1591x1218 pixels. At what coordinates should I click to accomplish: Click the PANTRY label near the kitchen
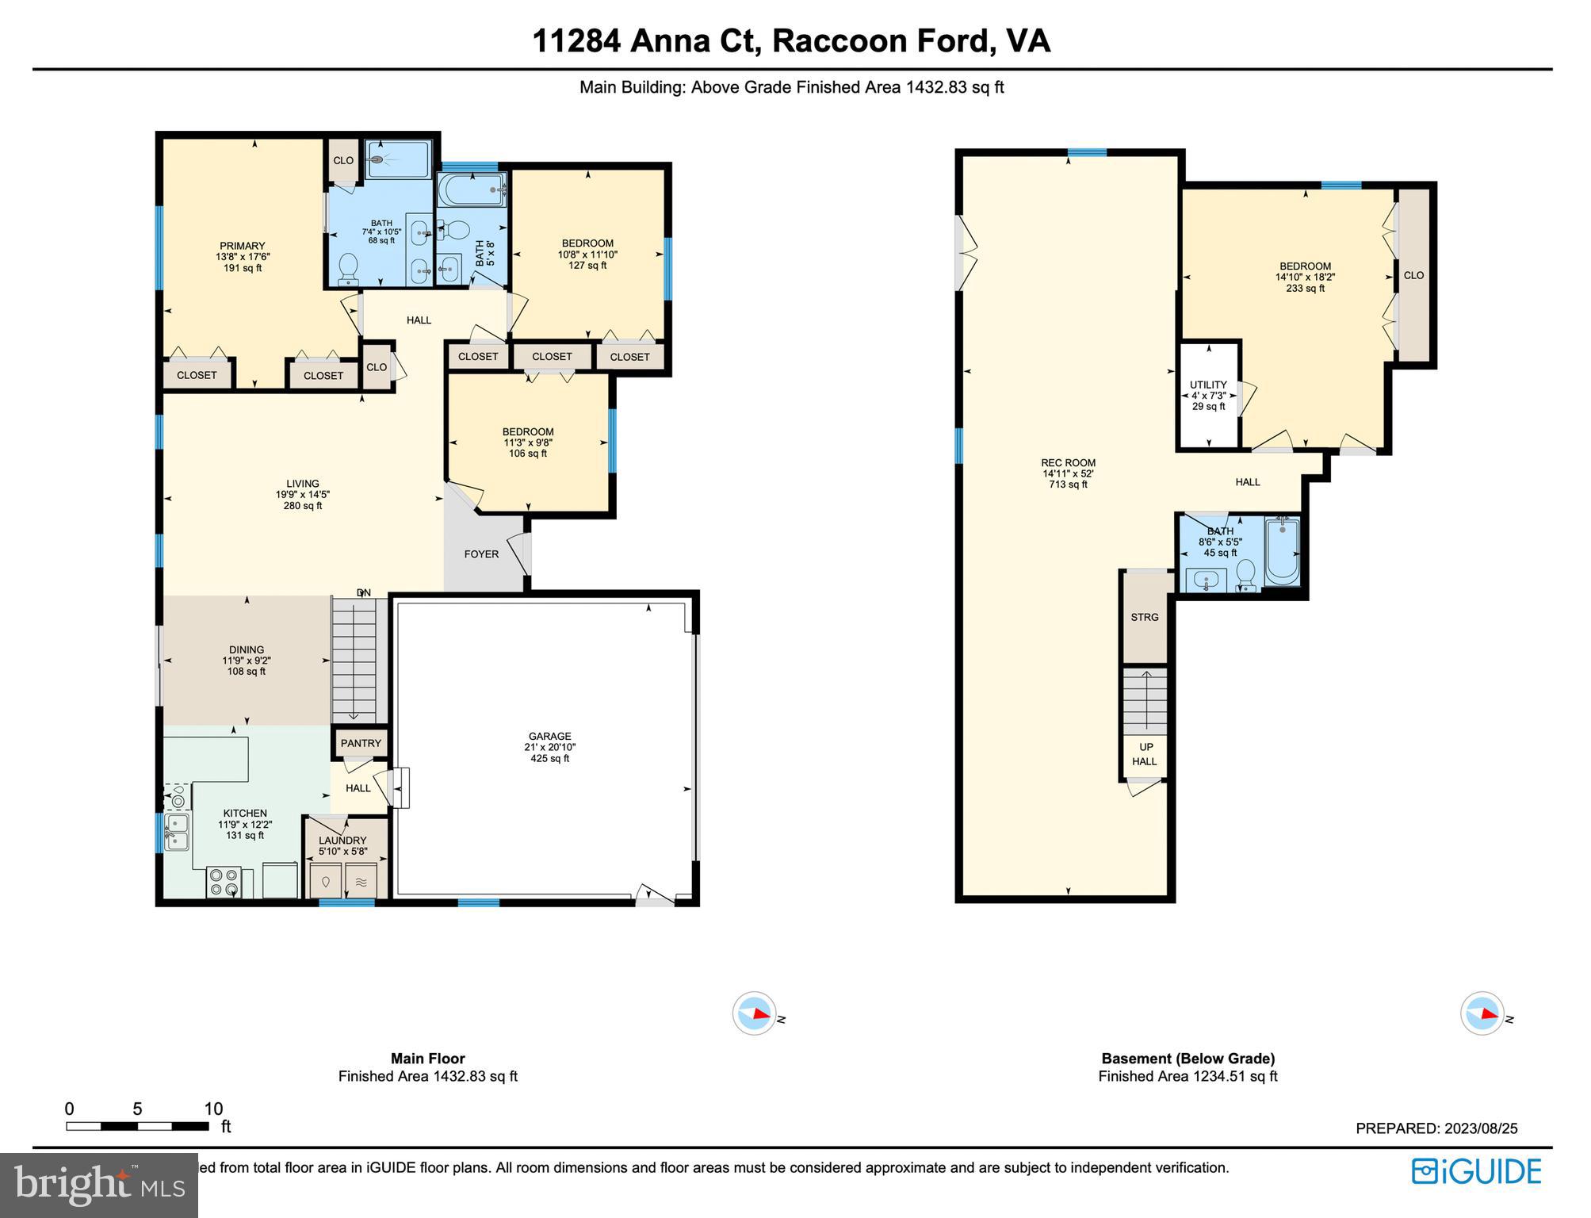coord(361,743)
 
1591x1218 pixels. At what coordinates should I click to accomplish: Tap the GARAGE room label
coord(549,736)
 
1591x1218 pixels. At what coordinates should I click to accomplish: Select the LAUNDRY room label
coord(342,841)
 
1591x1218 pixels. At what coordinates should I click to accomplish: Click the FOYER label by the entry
coord(481,554)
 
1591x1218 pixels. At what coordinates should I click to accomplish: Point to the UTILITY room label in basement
coord(1208,385)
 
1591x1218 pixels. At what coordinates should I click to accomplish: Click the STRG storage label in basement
coord(1144,617)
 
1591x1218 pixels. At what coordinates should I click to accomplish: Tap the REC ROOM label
coord(1068,463)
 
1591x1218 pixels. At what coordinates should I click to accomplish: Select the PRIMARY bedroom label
coord(243,246)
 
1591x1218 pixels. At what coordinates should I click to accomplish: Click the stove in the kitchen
coord(224,882)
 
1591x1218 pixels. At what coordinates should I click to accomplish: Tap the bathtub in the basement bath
coord(1281,551)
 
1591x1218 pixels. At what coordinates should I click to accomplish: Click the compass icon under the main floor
coord(754,1013)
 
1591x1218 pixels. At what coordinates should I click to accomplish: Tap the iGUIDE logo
coord(1476,1172)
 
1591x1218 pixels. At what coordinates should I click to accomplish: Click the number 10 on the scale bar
coord(213,1109)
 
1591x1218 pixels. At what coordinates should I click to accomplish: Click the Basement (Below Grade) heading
coord(1188,1059)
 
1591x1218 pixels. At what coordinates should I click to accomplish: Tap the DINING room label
coord(247,649)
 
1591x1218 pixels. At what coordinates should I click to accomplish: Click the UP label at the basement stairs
coord(1146,747)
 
